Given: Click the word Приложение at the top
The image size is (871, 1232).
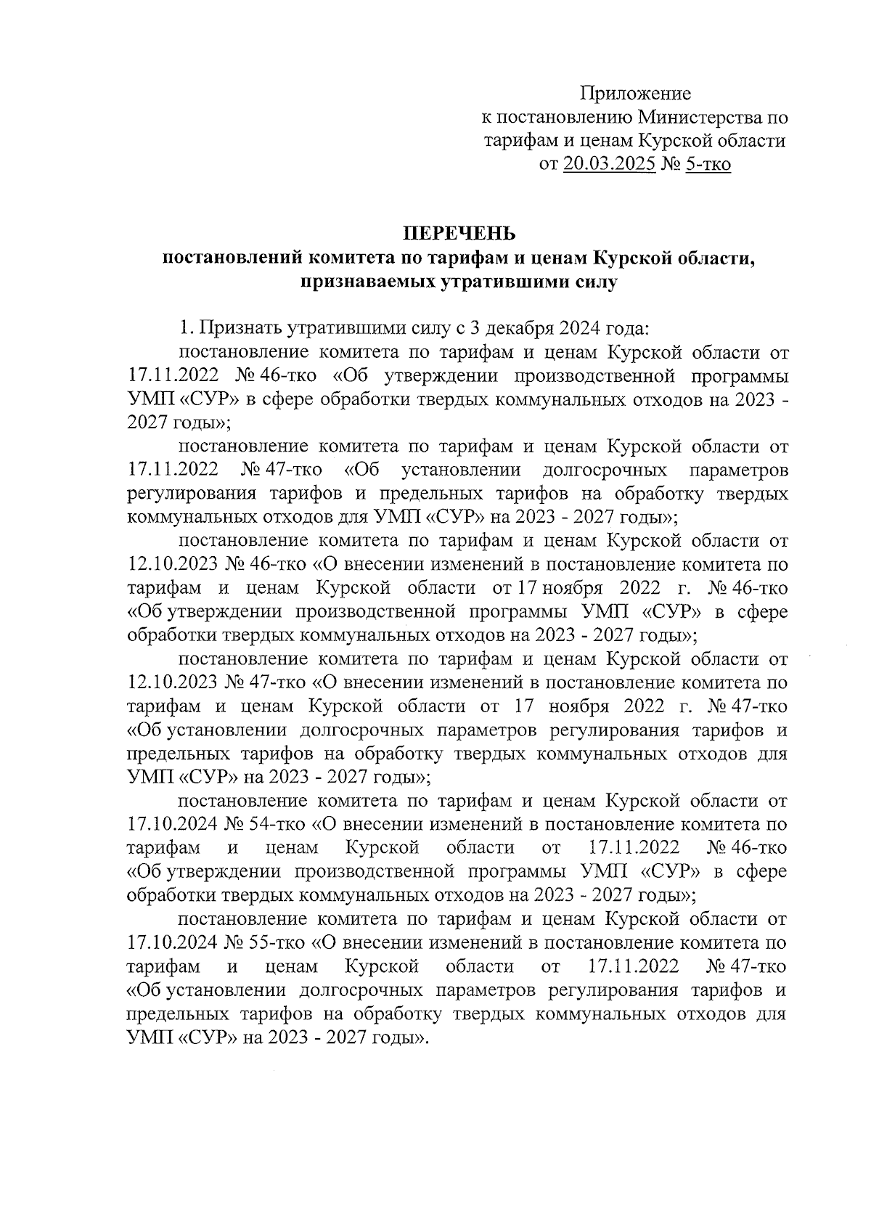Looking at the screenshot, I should [635, 94].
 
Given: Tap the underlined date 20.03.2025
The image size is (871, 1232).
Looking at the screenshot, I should [608, 165].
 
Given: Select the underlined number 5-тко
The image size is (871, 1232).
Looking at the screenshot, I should [707, 165].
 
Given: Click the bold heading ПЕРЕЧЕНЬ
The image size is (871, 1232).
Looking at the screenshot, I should [459, 234].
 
